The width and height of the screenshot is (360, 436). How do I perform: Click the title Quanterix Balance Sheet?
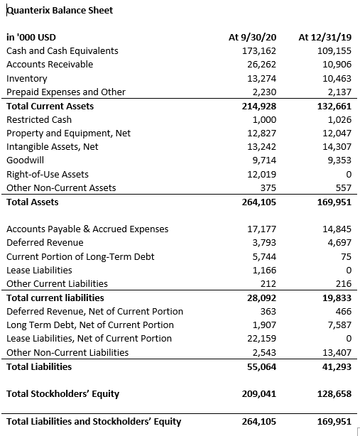pos(60,11)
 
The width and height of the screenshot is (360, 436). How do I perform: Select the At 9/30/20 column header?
pos(252,37)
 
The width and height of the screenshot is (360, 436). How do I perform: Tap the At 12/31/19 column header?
pos(325,37)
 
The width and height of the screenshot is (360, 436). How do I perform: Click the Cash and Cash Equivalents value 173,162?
pos(259,51)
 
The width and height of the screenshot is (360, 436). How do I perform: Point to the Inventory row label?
pos(27,79)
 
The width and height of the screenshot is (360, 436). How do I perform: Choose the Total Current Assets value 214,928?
pos(259,107)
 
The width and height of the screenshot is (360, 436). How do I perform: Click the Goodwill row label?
pos(26,160)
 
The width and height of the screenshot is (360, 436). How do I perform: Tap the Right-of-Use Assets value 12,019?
pos(262,175)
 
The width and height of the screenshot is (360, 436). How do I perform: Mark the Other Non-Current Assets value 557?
pos(344,188)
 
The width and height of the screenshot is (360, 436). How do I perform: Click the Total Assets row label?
pos(33,202)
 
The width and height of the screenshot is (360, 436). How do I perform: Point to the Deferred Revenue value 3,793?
pos(264,243)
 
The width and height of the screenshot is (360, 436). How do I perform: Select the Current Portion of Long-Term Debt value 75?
pos(346,256)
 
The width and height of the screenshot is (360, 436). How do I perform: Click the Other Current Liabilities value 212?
pos(268,283)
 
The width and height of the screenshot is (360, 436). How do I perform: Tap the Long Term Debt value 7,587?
pos(339,325)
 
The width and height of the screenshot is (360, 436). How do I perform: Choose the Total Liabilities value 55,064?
pos(262,367)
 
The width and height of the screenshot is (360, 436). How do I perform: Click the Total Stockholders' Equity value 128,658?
pos(334,394)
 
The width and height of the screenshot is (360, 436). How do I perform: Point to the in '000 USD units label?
pos(31,37)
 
